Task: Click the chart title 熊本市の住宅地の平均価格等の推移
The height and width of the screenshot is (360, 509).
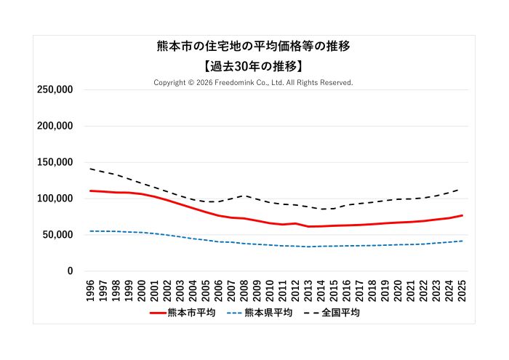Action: tap(254, 47)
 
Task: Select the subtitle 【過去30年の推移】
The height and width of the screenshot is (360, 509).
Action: tap(254, 65)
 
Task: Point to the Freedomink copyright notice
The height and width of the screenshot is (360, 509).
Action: tap(253, 83)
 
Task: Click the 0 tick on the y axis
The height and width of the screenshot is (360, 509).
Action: tap(70, 271)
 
